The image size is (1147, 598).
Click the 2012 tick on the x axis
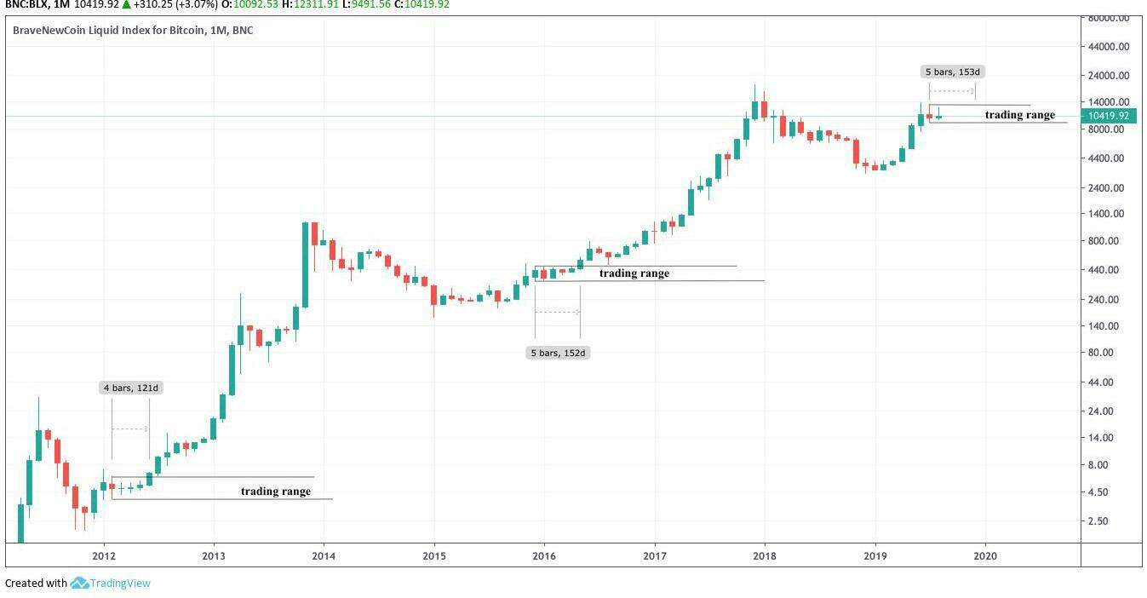tap(104, 555)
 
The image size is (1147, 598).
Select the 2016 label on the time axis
tap(544, 555)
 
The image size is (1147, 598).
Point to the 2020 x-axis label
tap(984, 555)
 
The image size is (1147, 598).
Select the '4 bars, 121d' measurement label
tap(131, 388)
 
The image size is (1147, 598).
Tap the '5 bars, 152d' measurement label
tap(559, 353)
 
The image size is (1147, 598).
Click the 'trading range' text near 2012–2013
tap(275, 492)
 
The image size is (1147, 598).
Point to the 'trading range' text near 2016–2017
tap(634, 273)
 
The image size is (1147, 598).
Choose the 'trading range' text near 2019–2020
tap(1019, 115)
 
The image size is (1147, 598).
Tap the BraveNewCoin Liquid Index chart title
tap(132, 31)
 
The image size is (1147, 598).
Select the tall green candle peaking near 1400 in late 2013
tap(305, 265)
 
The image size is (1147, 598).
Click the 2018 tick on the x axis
tap(765, 555)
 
